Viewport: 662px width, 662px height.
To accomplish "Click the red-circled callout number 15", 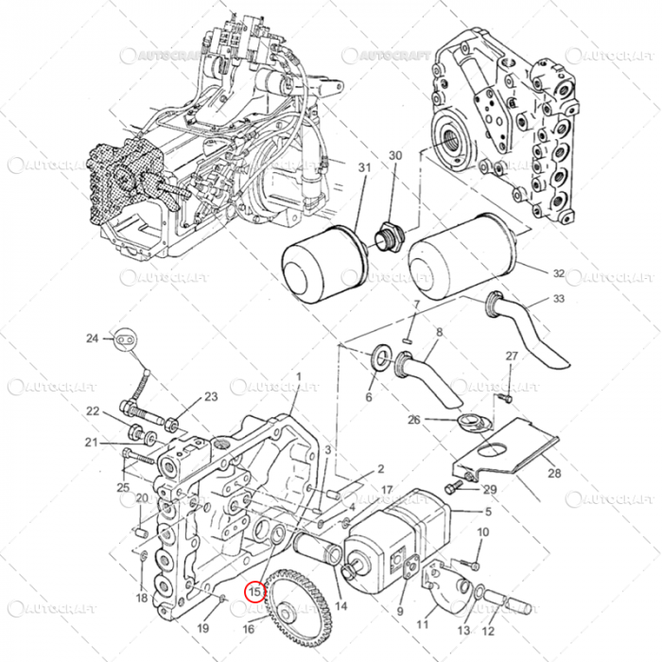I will (254, 591).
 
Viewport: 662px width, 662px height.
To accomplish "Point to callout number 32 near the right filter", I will (558, 273).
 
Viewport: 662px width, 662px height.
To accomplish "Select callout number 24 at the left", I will (92, 338).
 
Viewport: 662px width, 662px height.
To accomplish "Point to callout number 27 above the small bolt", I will (511, 356).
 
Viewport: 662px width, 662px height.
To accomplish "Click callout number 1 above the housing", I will (298, 376).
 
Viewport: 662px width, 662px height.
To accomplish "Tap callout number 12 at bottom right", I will (488, 631).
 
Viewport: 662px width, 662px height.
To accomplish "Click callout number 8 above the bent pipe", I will (438, 332).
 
